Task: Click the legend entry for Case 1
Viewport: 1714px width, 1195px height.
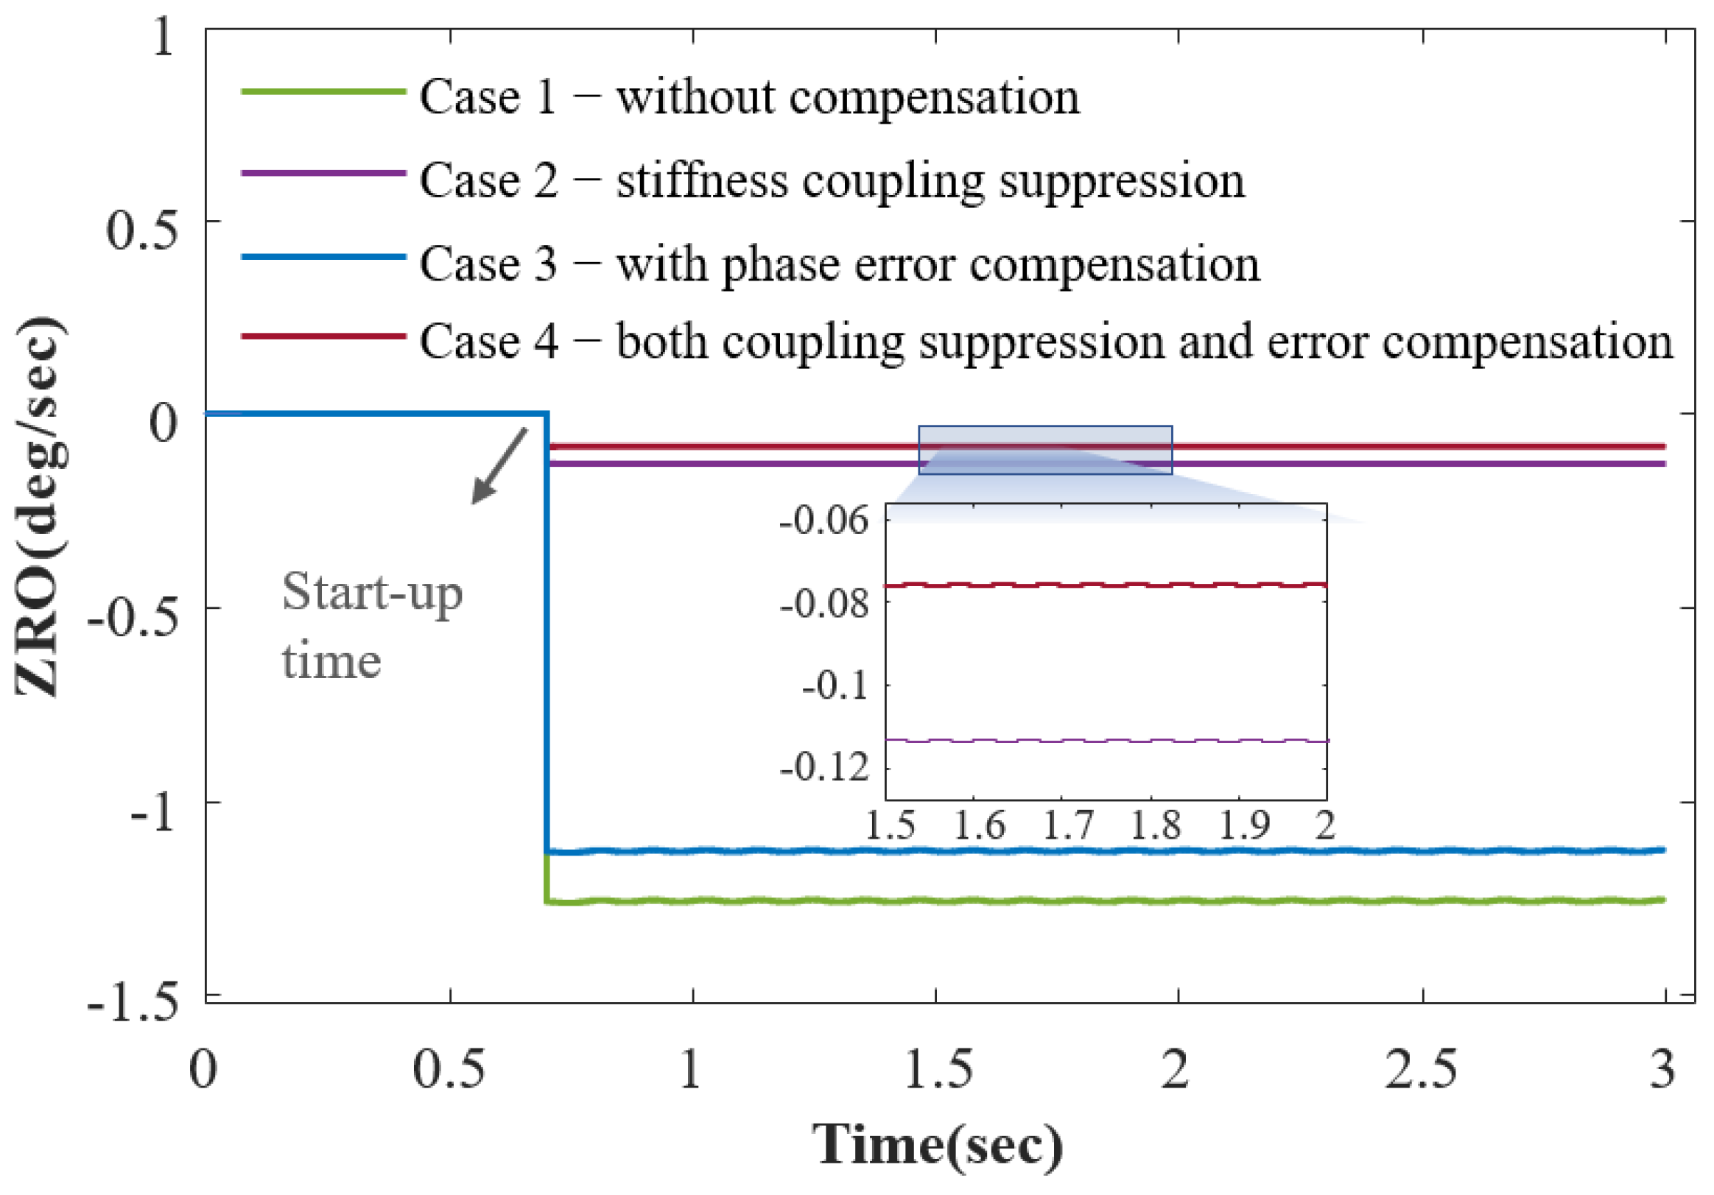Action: click(x=749, y=97)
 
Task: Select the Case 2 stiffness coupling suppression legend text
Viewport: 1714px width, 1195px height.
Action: click(x=832, y=180)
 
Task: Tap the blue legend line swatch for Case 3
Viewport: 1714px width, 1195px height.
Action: click(x=323, y=257)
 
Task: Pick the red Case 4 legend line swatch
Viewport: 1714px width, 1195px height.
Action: click(x=323, y=336)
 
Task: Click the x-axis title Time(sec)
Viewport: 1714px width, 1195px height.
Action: click(x=937, y=1143)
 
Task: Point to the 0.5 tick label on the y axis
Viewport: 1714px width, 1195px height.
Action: click(x=142, y=228)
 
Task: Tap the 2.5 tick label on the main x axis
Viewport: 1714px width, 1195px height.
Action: click(x=1421, y=1069)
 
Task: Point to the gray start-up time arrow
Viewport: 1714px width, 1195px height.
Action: click(x=499, y=467)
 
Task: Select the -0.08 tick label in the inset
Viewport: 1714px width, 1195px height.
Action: click(x=824, y=603)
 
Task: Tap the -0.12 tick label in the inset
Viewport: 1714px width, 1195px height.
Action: click(x=824, y=766)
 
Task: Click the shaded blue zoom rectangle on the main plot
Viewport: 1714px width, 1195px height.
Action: click(x=1044, y=450)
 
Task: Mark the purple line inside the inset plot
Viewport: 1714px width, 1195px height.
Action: click(x=1105, y=741)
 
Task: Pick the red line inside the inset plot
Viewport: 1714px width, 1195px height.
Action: click(x=1105, y=585)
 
